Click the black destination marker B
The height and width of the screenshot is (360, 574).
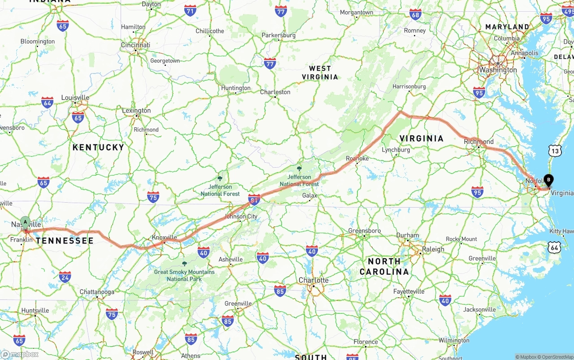[548, 181]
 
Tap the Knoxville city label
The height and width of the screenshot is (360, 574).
[165, 237]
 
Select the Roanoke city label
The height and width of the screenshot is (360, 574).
[357, 158]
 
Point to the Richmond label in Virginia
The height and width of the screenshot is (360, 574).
[478, 142]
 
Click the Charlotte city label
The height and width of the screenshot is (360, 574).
[313, 280]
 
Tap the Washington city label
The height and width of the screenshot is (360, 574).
[498, 70]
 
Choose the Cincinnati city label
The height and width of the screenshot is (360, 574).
[135, 45]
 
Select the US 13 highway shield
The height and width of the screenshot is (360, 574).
[556, 151]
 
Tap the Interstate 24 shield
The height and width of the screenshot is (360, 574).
[65, 277]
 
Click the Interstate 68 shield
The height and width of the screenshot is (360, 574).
[416, 14]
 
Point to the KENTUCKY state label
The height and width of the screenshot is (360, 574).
[98, 147]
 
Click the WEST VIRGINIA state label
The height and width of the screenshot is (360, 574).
[320, 73]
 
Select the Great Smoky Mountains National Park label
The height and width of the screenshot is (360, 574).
[184, 275]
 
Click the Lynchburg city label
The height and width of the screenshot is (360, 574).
[396, 150]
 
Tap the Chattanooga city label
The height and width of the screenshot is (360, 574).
[97, 292]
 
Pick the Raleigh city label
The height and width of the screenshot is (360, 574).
[433, 249]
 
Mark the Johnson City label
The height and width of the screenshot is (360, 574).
[241, 216]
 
